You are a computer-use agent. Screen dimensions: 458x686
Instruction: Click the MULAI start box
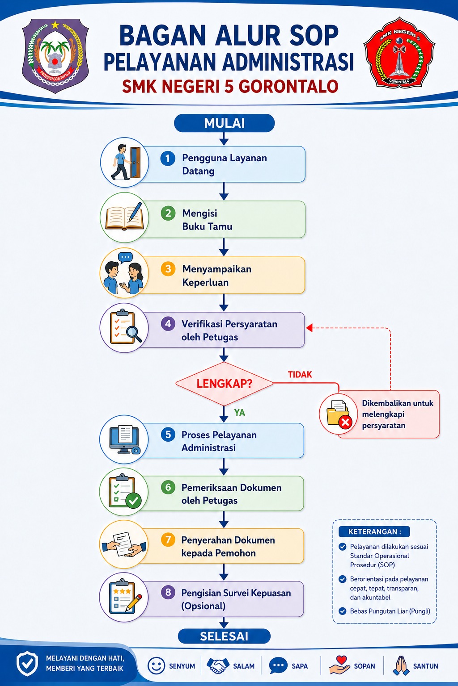tap(224, 123)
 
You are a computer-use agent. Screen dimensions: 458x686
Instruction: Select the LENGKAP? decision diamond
tap(224, 384)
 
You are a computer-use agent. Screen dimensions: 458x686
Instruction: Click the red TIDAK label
tap(300, 375)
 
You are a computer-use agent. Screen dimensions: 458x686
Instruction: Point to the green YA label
tap(240, 413)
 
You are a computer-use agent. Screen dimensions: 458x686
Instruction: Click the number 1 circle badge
tap(168, 159)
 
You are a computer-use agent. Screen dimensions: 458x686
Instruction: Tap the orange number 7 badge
tap(168, 540)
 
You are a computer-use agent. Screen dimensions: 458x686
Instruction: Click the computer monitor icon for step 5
tap(124, 439)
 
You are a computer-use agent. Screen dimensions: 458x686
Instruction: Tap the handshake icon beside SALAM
tap(218, 665)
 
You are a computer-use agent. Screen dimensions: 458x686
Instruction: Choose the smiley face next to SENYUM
tap(156, 666)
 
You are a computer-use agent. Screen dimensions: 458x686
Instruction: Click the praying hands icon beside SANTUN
tap(401, 665)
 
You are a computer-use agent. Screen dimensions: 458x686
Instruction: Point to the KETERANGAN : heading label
tap(374, 531)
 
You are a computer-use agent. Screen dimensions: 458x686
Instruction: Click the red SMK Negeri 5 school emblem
tap(399, 53)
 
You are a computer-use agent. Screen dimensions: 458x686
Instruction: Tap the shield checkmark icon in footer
tap(27, 664)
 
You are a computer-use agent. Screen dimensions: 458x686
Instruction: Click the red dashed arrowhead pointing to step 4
tap(309, 328)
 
